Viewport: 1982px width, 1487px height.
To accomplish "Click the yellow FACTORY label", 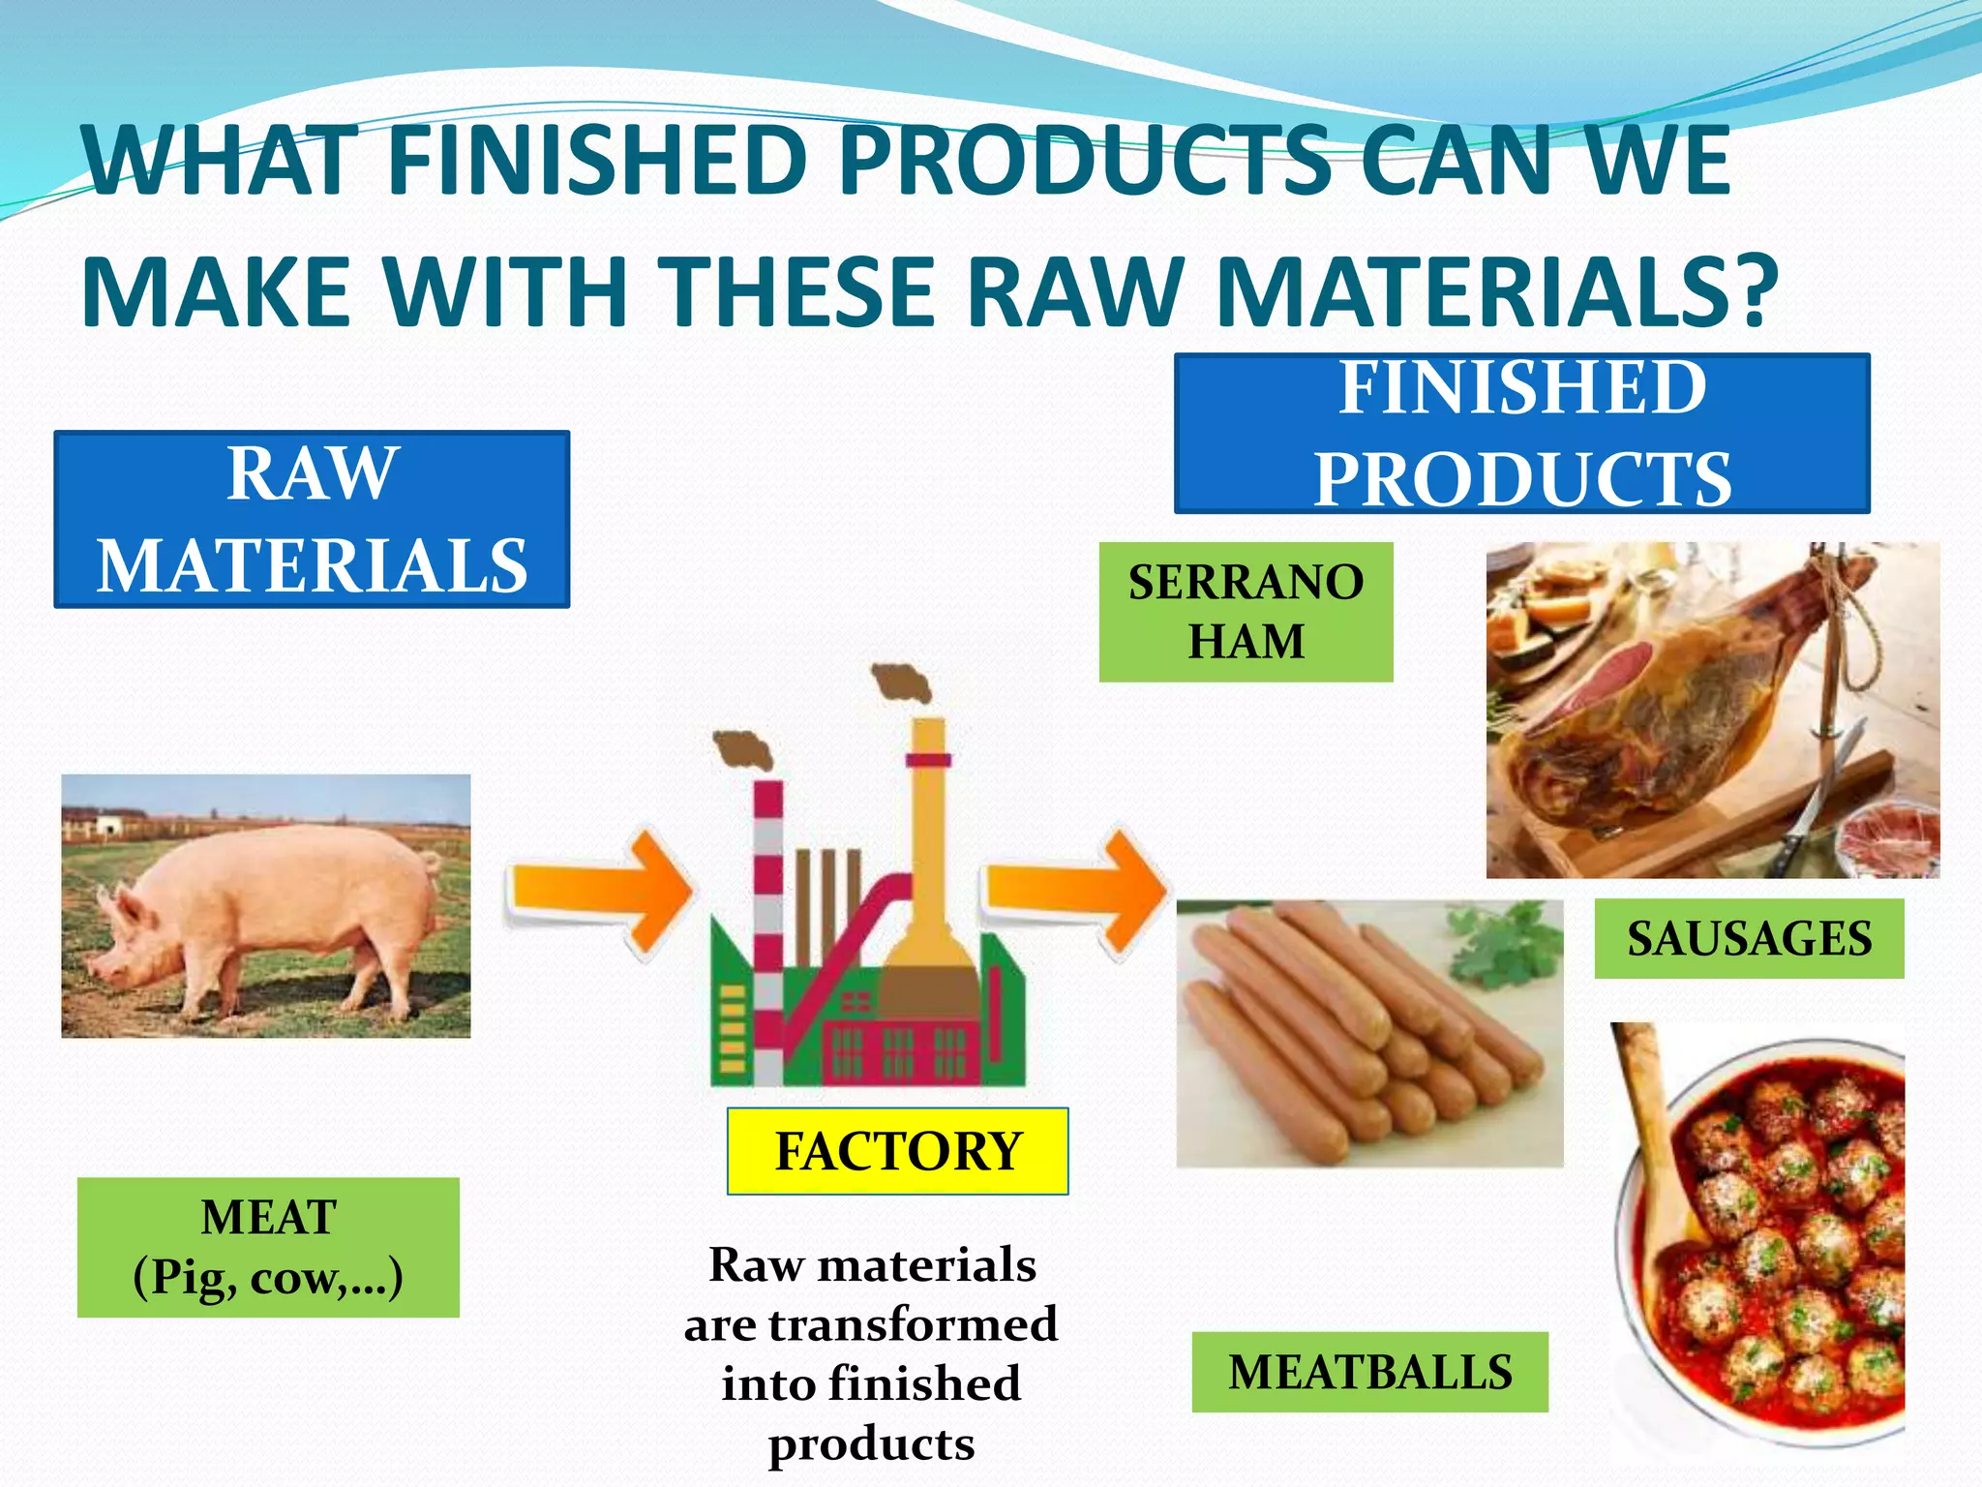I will [x=897, y=1151].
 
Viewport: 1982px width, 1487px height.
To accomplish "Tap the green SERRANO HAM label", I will [x=1246, y=612].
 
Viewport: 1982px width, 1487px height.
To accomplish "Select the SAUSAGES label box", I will [x=1748, y=938].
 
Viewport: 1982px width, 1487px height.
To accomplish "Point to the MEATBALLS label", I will [x=1369, y=1372].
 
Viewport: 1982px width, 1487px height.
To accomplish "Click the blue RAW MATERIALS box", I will [x=312, y=520].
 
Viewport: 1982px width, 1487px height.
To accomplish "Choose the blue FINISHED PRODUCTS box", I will [x=1521, y=434].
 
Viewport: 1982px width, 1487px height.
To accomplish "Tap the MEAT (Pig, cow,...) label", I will [x=268, y=1247].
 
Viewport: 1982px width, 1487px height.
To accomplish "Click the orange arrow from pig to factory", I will [x=600, y=889].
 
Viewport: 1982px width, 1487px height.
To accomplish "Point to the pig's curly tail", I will [x=432, y=863].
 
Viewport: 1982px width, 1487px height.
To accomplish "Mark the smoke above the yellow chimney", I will [x=902, y=682].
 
